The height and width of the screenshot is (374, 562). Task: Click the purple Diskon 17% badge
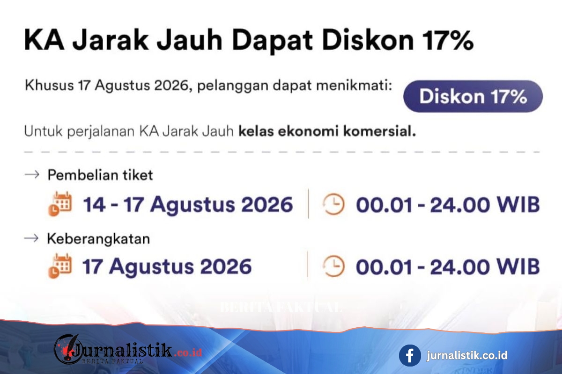tap(473, 96)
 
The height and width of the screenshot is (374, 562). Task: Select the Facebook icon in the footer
tap(410, 355)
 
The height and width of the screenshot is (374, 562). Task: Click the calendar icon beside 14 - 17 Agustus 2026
tap(60, 204)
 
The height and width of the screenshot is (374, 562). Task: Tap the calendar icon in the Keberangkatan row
tap(60, 266)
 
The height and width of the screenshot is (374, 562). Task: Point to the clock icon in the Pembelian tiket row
tap(333, 204)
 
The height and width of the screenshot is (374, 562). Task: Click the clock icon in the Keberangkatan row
tap(333, 266)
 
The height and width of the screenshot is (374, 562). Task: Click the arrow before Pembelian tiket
tap(32, 174)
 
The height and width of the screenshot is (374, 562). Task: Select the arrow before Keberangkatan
tap(31, 238)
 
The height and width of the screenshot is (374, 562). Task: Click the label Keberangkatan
tap(98, 239)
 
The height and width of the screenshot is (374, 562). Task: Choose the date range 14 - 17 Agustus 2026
tap(188, 205)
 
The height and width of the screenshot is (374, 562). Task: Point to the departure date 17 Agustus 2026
tap(167, 266)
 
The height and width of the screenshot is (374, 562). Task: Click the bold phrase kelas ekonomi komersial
tap(327, 131)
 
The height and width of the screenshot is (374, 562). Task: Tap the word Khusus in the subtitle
tap(49, 85)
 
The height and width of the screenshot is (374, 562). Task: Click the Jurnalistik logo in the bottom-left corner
tap(128, 349)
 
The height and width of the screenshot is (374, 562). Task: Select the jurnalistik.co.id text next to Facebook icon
tap(467, 355)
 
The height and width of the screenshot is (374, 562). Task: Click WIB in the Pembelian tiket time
tap(518, 205)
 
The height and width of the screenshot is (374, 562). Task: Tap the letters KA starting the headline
tap(44, 40)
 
